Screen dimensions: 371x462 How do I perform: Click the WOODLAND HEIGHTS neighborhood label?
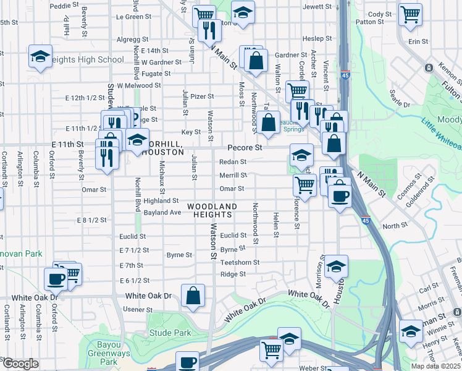point(212,210)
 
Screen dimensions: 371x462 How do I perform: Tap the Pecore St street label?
point(245,148)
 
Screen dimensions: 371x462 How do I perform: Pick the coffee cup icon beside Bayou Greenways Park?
point(187,362)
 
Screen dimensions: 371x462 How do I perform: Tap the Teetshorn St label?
point(240,263)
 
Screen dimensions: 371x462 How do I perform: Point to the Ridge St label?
point(233,274)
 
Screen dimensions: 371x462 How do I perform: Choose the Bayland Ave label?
point(162,212)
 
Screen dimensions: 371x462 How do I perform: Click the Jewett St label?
point(317,6)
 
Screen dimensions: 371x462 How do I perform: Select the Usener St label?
point(138,309)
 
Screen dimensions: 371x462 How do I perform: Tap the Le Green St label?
point(130,17)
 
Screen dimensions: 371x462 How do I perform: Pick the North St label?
point(391,226)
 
